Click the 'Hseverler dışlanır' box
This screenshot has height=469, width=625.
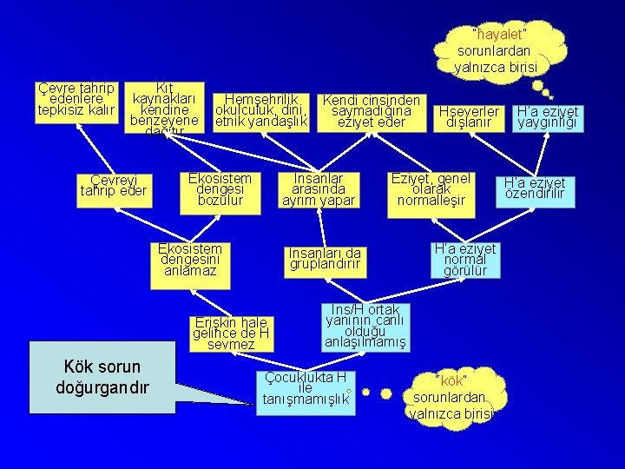470,117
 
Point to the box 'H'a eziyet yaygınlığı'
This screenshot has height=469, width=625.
548,117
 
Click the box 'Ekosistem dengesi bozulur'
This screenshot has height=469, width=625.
220,190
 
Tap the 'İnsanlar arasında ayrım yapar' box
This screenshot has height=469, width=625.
319,190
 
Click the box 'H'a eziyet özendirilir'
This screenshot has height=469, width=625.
536,188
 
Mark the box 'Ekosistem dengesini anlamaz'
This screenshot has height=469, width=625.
190,261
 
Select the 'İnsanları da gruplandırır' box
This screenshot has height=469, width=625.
325,258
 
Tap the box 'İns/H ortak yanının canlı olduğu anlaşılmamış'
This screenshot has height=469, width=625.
365,326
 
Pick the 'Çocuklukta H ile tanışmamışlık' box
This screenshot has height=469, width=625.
306,389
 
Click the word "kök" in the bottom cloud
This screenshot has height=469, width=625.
452,381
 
